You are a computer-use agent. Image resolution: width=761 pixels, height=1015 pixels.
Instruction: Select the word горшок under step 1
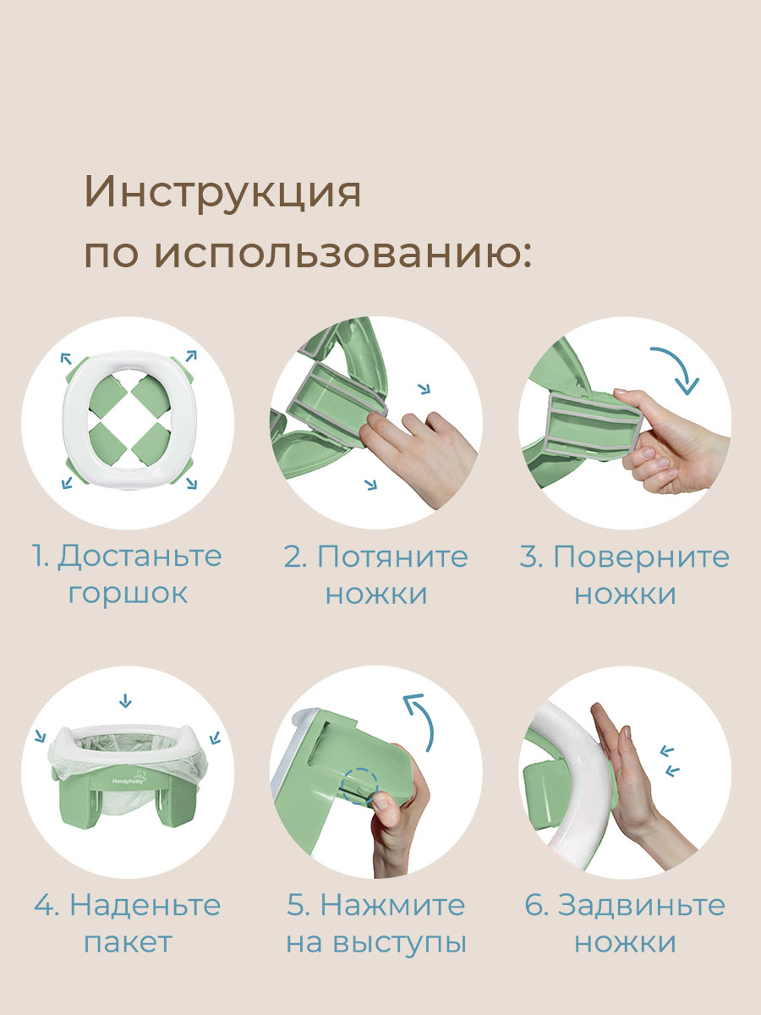128,593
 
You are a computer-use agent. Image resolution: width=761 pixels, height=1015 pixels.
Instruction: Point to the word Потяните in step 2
392,557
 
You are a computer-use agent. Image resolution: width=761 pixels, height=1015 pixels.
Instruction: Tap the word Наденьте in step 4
145,905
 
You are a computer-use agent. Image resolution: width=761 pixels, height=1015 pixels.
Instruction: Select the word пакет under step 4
128,941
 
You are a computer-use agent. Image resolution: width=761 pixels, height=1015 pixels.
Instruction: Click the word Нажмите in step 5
393,905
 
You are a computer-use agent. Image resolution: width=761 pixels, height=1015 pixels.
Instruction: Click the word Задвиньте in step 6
641,905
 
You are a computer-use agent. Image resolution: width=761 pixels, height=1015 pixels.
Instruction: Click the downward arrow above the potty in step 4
126,700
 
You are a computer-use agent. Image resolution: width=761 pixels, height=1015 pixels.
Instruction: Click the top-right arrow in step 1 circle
191,354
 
